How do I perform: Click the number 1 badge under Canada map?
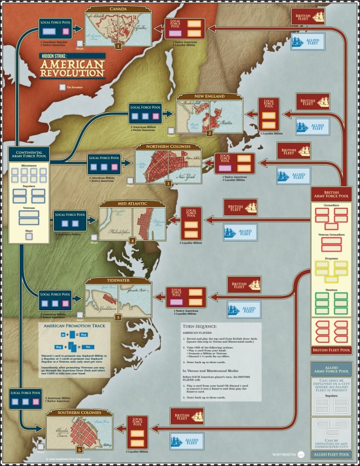(117, 45)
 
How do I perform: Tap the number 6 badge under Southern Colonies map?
(79, 450)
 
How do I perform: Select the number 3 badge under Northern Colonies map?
(168, 183)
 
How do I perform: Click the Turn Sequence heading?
(200, 326)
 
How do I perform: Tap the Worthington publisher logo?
(285, 454)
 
